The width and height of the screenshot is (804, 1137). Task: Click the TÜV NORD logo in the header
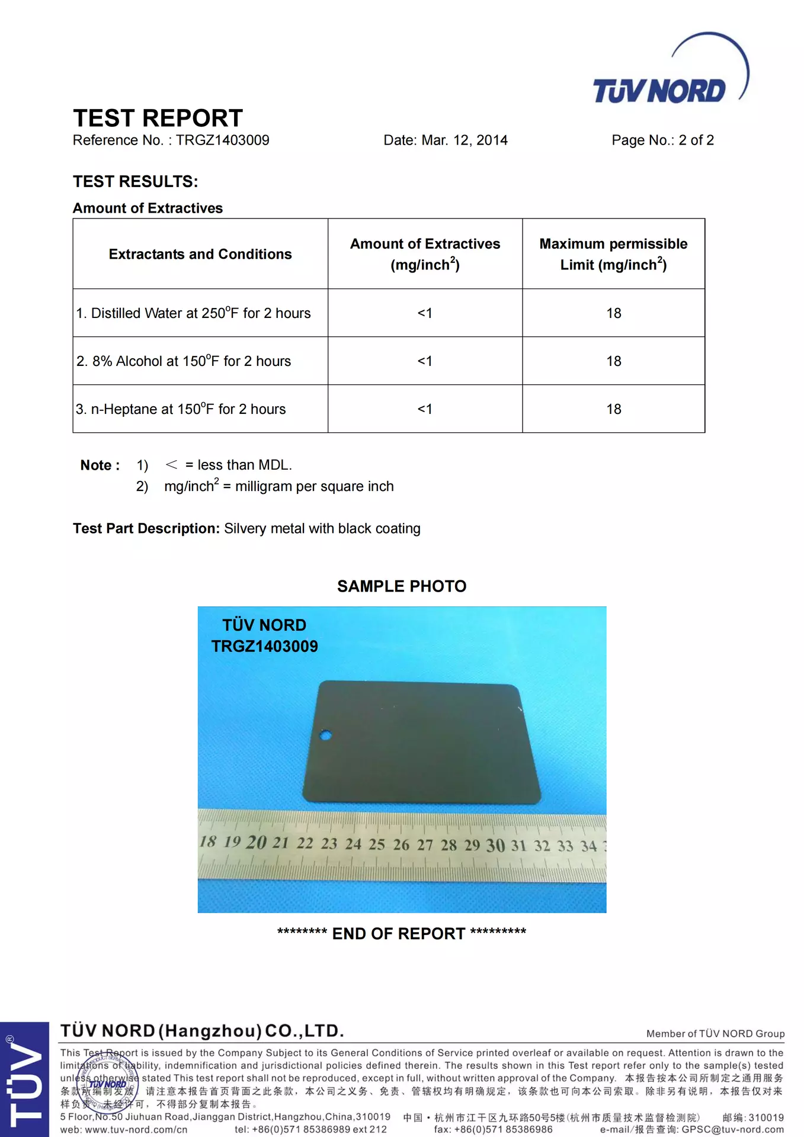coord(670,74)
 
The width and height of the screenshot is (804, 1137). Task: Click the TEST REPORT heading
coord(158,118)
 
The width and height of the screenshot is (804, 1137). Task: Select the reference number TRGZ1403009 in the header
coord(222,140)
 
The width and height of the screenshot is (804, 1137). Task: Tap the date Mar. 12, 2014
coord(464,140)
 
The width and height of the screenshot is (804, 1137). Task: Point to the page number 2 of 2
coord(696,140)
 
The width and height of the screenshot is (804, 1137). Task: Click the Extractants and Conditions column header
coord(200,254)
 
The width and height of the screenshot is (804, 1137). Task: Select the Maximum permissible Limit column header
coord(613,254)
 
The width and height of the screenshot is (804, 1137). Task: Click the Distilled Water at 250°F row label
coord(193,313)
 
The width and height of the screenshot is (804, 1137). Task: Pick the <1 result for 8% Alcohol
coord(425,361)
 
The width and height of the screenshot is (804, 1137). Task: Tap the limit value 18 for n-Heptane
coord(613,409)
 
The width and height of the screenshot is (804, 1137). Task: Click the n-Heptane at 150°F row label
coord(181,409)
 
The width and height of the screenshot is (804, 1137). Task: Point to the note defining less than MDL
coord(229,465)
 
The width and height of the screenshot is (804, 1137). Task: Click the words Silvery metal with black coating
coord(322,528)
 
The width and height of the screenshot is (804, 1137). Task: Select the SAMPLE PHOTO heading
coord(402,586)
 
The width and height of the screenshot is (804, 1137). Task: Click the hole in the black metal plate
coord(325,735)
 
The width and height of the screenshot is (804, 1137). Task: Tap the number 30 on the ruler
coord(495,845)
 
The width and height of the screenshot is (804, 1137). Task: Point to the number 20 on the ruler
coord(256,842)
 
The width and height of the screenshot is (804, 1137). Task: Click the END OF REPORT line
coord(402,934)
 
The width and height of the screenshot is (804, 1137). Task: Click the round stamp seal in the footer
coord(108,1083)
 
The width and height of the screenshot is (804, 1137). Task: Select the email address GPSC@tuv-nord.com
coord(732,1129)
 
